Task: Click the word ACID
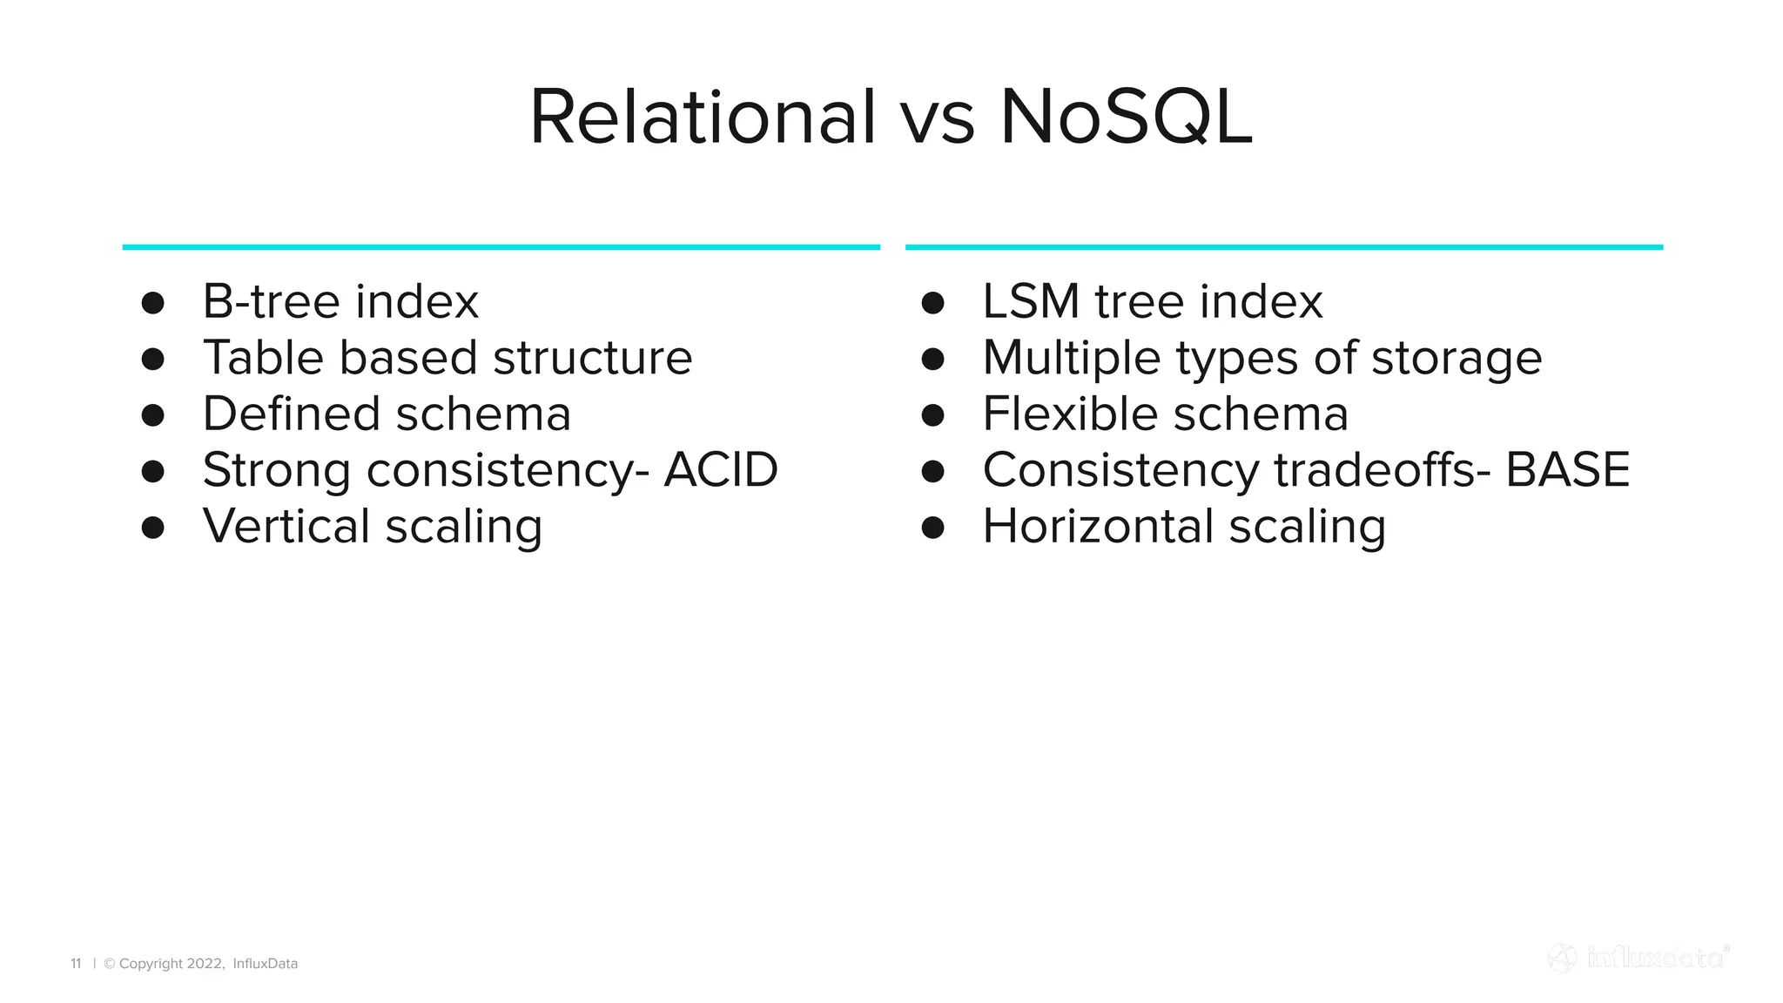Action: click(720, 470)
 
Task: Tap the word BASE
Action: click(1567, 470)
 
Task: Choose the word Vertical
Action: click(286, 527)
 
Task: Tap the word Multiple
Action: click(1072, 358)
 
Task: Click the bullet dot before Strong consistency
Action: click(153, 472)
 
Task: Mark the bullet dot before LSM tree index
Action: click(932, 303)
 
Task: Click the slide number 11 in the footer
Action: click(76, 964)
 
